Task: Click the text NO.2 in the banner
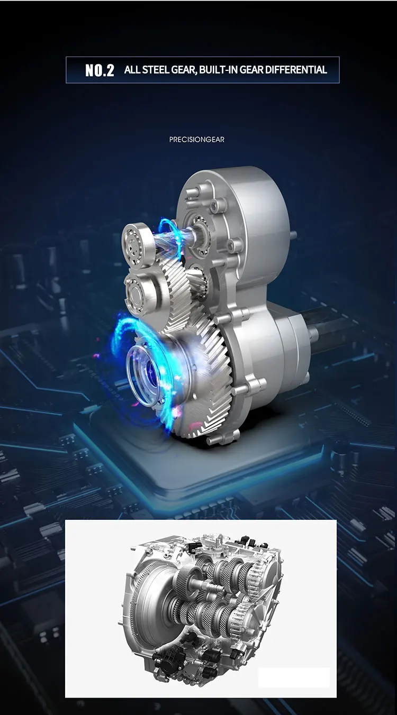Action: pyautogui.click(x=100, y=70)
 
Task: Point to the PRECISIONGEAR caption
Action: pyautogui.click(x=197, y=140)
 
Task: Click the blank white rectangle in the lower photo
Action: pyautogui.click(x=294, y=677)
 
